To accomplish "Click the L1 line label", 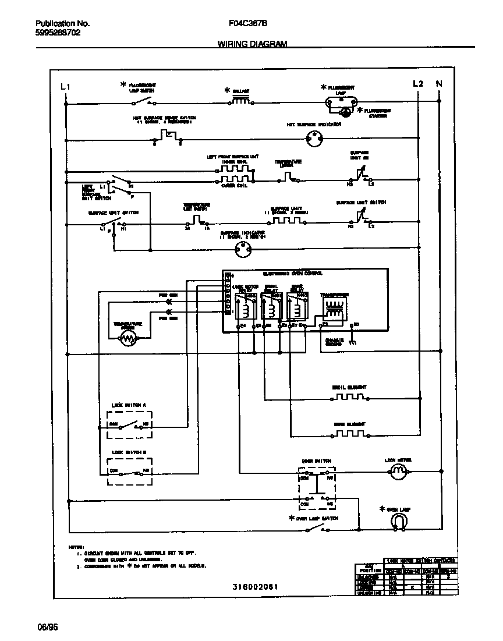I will click(x=65, y=87).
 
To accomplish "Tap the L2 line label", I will click(x=417, y=84).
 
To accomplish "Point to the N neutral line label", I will click(x=439, y=84).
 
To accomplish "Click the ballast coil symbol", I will click(x=241, y=101).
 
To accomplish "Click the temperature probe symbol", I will click(x=128, y=339).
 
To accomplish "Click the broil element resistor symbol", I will click(x=349, y=397).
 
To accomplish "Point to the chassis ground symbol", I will click(x=352, y=343).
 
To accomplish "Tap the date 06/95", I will click(x=48, y=628).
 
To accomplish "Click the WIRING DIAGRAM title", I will click(x=252, y=44).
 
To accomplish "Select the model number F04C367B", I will click(x=249, y=24).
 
